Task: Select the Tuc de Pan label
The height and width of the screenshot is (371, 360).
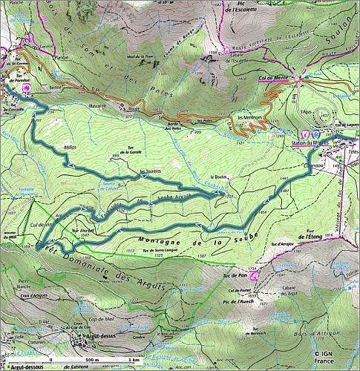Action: click(x=233, y=275)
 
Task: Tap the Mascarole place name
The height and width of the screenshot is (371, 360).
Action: click(x=99, y=105)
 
